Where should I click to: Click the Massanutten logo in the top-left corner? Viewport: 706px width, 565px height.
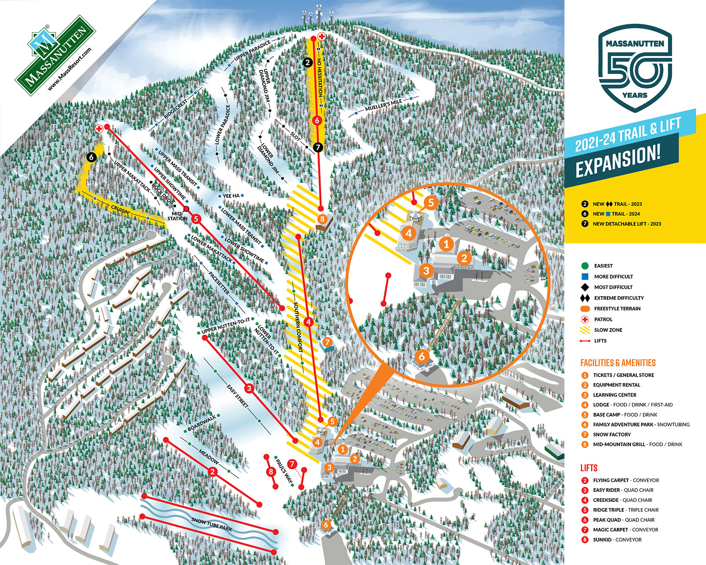(x=55, y=55)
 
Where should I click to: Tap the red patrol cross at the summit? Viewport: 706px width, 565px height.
(x=322, y=37)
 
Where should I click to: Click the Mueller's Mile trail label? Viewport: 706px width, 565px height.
(x=383, y=105)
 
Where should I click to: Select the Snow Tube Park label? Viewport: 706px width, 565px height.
(x=212, y=524)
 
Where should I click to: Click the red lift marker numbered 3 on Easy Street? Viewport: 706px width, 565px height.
(x=250, y=388)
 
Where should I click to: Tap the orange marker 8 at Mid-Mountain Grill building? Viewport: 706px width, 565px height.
(x=323, y=219)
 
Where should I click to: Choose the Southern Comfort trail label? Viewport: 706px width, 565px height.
(x=298, y=327)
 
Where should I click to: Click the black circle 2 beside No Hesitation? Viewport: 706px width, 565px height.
(x=308, y=63)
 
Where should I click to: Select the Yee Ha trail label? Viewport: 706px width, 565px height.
(x=231, y=196)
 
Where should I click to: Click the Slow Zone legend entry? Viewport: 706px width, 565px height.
(x=608, y=330)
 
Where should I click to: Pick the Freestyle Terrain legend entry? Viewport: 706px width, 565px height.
(x=617, y=309)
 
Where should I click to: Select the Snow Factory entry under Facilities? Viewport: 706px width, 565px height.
(x=611, y=434)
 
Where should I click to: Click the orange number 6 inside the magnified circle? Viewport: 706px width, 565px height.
(x=422, y=356)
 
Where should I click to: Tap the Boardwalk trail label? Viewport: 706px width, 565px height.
(x=202, y=423)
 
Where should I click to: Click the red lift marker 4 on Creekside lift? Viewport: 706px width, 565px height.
(x=308, y=322)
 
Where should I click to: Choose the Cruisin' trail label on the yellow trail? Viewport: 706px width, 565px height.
(x=120, y=209)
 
